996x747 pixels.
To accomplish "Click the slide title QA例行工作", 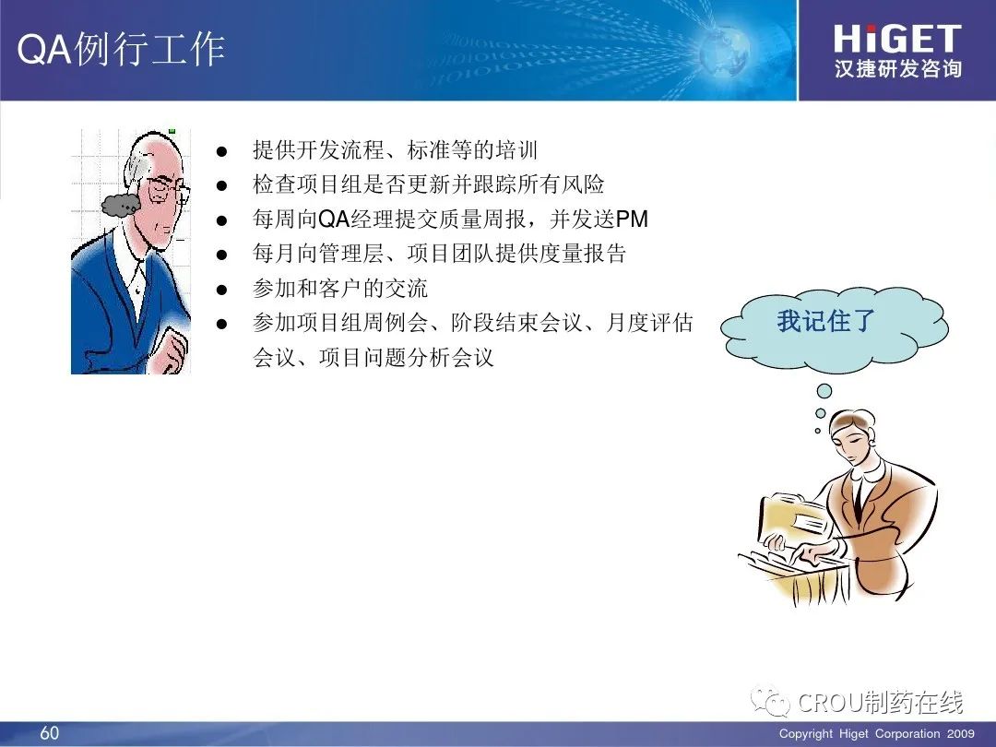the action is (121, 50).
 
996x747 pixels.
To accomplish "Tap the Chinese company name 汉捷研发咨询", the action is (897, 68).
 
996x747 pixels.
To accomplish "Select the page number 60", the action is (50, 732).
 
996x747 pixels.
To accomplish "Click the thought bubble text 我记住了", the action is (825, 321).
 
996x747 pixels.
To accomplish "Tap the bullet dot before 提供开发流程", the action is (221, 151).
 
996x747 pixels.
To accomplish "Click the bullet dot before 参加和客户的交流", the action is (221, 290).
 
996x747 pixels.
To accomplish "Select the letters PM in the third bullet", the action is (632, 219).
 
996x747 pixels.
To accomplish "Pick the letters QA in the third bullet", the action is (334, 219).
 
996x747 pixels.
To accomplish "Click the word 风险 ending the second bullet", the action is (583, 184).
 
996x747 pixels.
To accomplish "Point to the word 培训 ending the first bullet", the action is (516, 150).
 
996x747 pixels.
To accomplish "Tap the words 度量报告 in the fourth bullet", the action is (583, 254).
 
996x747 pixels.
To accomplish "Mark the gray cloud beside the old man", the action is (121, 205).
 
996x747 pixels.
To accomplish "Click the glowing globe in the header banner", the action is (724, 51).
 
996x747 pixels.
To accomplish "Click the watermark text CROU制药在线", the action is (881, 702).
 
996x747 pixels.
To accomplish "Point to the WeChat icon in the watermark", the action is (770, 701).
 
